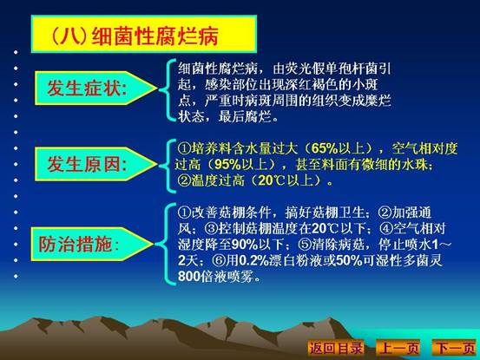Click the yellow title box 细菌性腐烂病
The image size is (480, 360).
point(143,34)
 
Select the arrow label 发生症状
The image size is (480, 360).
point(95,88)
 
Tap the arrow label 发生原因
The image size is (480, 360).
point(95,164)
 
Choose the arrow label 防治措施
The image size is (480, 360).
point(92,244)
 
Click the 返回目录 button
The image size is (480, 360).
point(336,348)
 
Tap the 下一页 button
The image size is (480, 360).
point(455,348)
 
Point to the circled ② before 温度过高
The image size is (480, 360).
point(184,180)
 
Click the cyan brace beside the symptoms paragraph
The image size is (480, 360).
point(168,90)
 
